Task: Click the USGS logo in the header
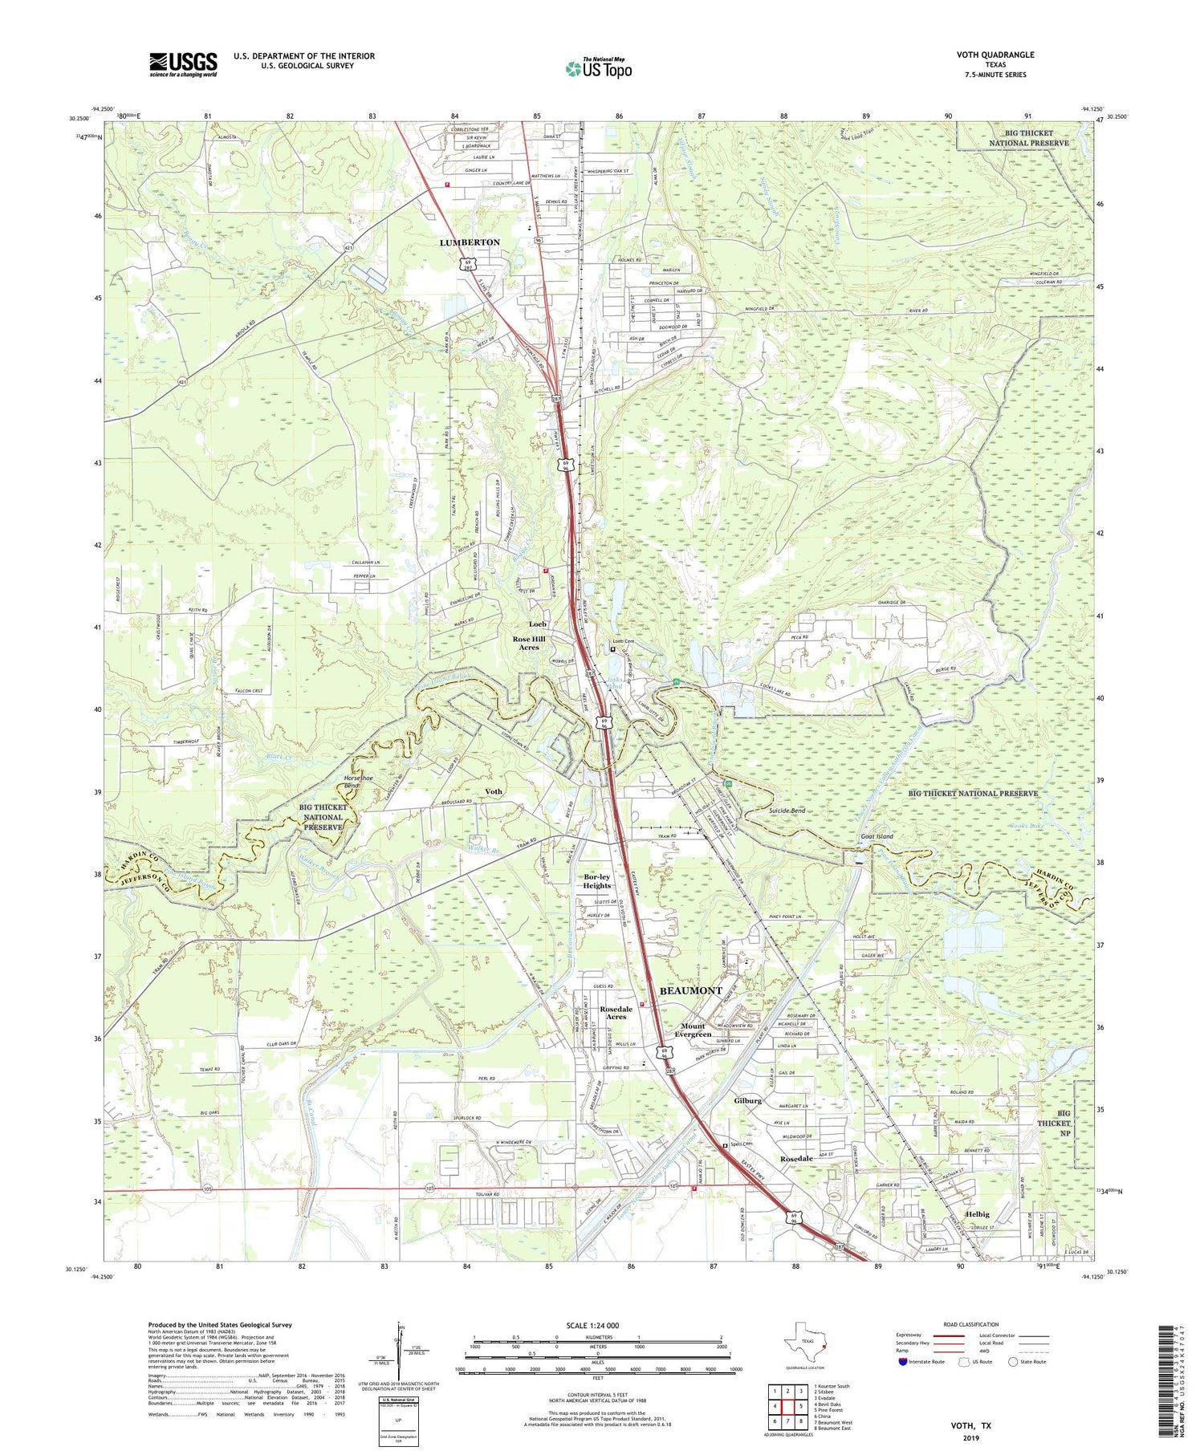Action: click(183, 63)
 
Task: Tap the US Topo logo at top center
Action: click(598, 69)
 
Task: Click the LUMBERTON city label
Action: click(469, 242)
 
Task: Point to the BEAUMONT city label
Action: click(690, 991)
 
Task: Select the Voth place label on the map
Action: click(494, 791)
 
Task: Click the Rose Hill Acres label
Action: click(529, 642)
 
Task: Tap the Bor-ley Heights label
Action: click(596, 881)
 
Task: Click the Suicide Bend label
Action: click(787, 811)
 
